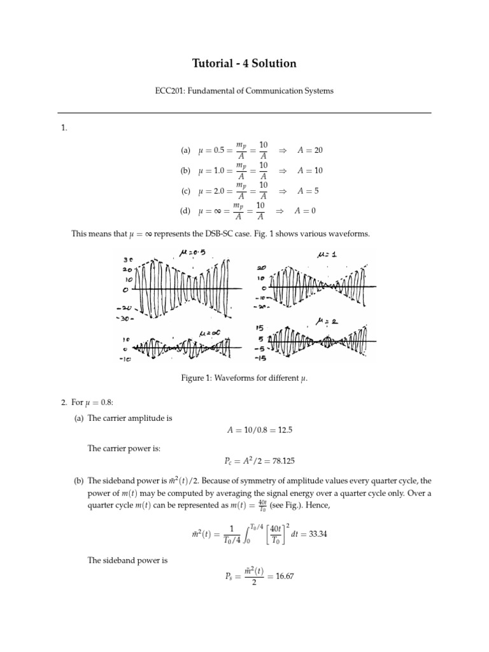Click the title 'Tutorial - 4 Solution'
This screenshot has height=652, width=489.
pyautogui.click(x=244, y=64)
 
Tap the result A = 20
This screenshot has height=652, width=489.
pyautogui.click(x=310, y=150)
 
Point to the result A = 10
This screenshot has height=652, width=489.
pyautogui.click(x=310, y=171)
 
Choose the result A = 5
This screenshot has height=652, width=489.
pyautogui.click(x=308, y=190)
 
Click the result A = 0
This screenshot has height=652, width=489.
pyautogui.click(x=305, y=211)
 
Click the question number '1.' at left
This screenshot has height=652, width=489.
pyautogui.click(x=64, y=128)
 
